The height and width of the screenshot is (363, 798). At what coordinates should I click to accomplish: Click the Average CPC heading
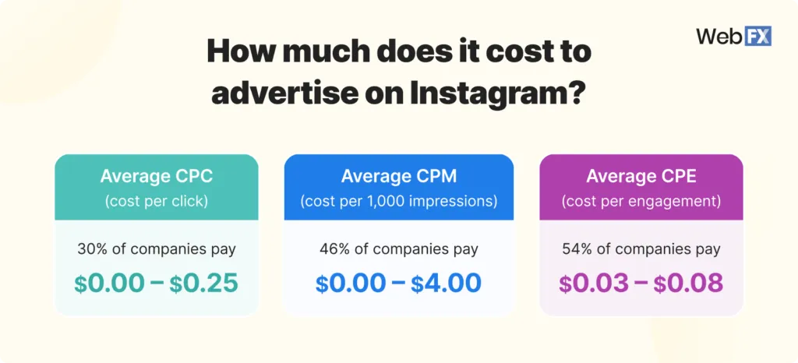coord(156,176)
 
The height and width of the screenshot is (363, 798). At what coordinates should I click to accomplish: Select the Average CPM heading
coord(398,176)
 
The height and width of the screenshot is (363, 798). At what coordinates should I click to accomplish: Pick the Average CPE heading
coord(641,176)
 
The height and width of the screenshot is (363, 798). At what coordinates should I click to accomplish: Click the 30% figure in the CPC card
coord(92,249)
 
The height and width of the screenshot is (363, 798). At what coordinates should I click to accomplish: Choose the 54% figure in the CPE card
coord(577,249)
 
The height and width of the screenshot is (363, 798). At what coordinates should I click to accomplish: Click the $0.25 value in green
coord(204,283)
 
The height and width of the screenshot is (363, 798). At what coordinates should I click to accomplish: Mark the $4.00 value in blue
coord(447,283)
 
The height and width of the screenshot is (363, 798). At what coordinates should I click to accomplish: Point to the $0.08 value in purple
coord(689,283)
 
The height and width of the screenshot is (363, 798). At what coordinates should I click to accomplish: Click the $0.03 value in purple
coord(593,283)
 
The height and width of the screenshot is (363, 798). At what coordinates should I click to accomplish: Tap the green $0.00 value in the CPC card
coord(108,283)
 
